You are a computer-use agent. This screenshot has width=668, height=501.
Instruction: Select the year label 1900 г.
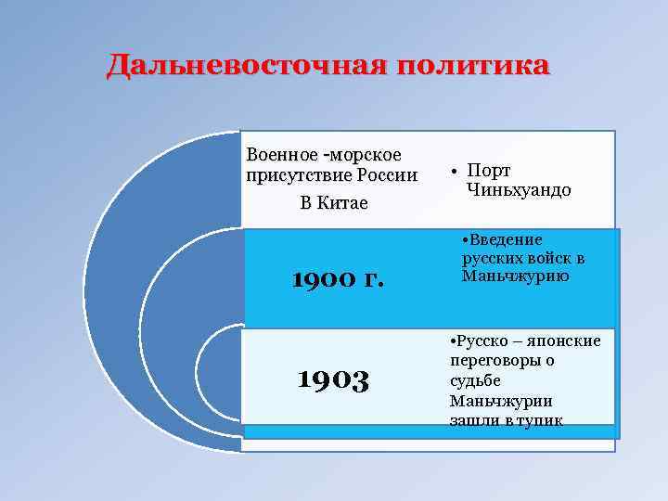[337, 277]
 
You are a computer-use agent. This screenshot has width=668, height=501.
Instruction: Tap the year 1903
[333, 378]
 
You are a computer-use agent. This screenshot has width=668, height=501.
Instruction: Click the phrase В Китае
[334, 202]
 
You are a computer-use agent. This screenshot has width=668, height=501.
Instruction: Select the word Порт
[490, 171]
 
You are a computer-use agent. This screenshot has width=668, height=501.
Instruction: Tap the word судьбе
[475, 381]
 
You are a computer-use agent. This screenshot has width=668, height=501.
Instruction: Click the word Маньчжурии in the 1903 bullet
[501, 401]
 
